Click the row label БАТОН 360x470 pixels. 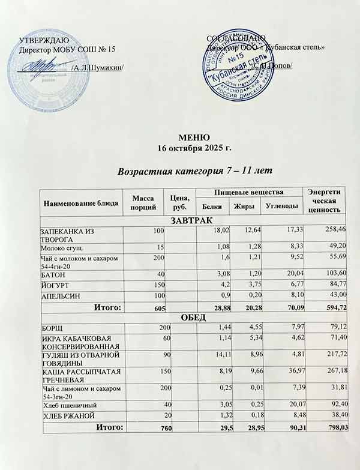(53, 276)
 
